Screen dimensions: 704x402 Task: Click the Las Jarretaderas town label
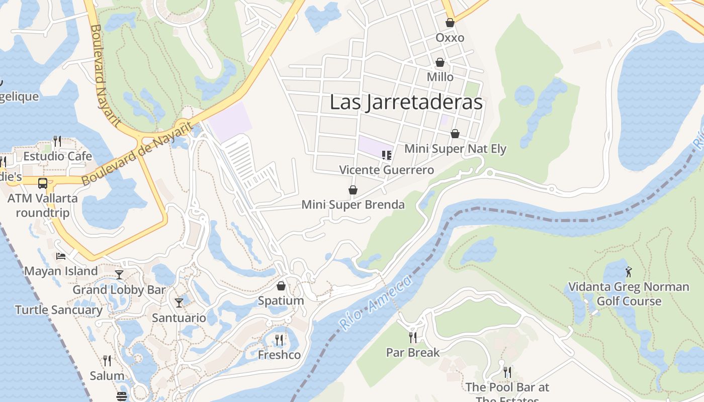point(406,102)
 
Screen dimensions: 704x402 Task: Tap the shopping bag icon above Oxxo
point(450,23)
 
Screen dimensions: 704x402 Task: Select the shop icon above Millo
point(440,62)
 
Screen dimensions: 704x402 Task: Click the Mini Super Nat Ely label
point(455,149)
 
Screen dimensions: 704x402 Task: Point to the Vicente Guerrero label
point(386,170)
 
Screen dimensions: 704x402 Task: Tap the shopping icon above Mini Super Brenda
point(353,190)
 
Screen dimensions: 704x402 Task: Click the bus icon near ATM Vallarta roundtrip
point(43,183)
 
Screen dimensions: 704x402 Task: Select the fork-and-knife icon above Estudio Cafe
point(57,141)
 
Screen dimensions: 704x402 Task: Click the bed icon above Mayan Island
point(61,256)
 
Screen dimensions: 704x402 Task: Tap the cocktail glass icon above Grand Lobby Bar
point(119,274)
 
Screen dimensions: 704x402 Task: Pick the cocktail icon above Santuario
point(179,303)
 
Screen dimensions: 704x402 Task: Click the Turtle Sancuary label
point(58,310)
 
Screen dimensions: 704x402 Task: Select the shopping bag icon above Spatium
point(281,286)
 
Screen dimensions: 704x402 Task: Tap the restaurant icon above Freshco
point(279,340)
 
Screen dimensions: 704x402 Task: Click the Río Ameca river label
point(375,301)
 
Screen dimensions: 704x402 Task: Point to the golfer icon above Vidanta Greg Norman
point(629,272)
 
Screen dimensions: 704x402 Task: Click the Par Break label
point(413,352)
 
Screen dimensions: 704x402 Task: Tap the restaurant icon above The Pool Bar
point(507,372)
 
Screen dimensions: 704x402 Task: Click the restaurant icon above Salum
point(107,361)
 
